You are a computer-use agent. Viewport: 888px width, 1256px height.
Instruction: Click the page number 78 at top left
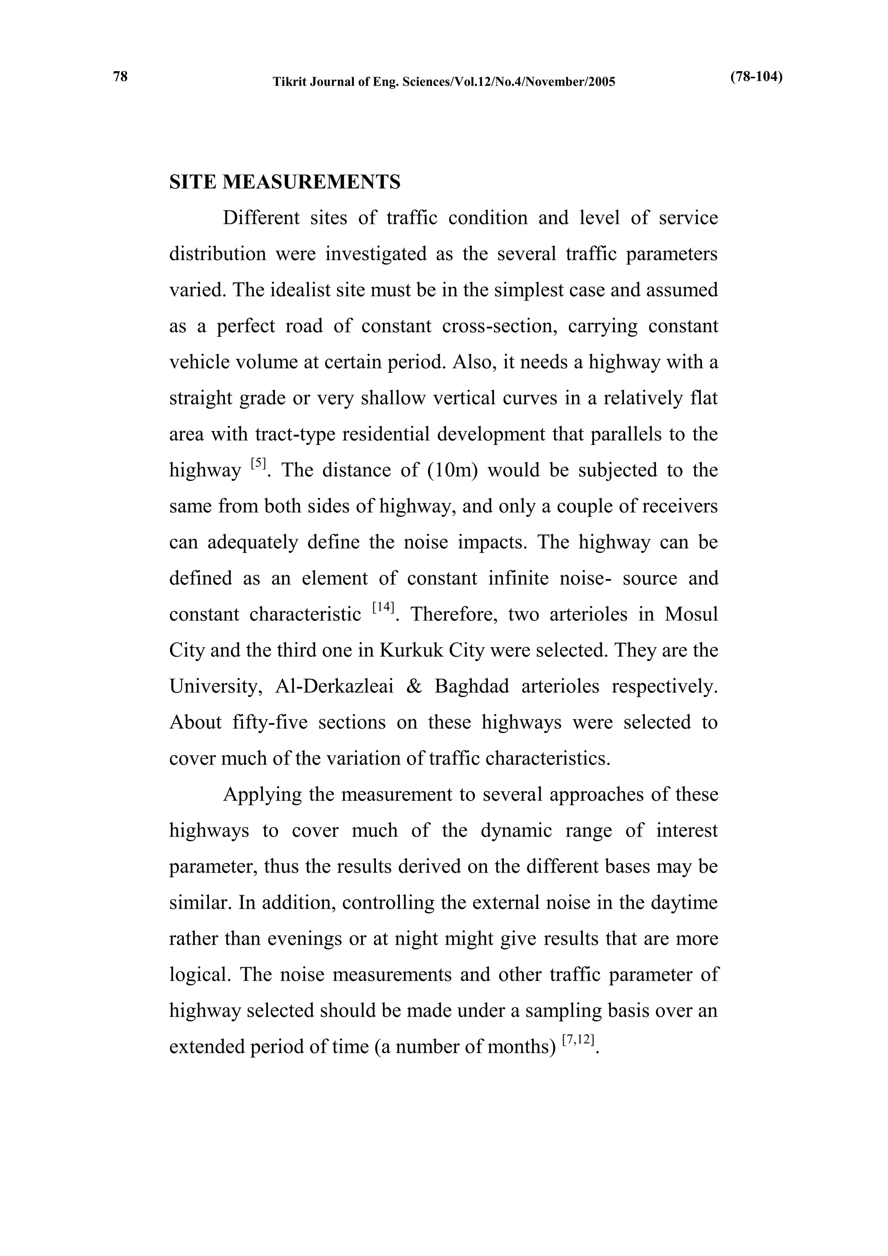[120, 77]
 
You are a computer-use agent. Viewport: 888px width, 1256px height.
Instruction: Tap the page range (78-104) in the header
[756, 77]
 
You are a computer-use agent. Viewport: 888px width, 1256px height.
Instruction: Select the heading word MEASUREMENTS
[311, 182]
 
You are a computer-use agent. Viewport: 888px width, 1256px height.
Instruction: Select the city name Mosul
[691, 614]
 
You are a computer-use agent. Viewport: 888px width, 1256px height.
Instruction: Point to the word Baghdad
[471, 687]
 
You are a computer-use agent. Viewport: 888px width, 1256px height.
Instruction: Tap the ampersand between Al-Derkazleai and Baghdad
[414, 687]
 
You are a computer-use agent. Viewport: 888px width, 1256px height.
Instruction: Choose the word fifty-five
[270, 723]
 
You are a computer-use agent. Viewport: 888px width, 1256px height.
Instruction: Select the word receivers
[680, 507]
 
